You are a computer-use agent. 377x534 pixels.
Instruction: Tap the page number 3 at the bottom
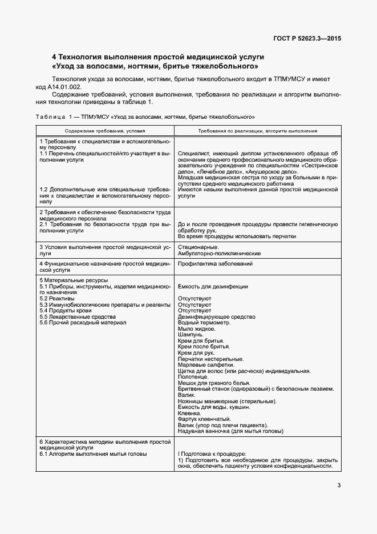[339, 486]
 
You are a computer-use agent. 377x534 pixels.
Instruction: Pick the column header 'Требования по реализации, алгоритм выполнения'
[258, 131]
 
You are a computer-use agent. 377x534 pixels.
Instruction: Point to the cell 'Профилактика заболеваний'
[215, 264]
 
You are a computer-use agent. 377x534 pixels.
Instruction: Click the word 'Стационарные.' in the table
[194, 247]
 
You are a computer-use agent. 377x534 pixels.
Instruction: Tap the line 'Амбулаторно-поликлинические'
[219, 253]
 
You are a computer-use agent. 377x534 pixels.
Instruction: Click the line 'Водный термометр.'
[204, 323]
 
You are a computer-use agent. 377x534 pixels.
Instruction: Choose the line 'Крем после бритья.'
[201, 347]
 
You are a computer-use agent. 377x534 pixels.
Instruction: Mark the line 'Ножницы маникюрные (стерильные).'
[227, 401]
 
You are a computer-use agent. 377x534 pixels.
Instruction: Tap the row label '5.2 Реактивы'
[57, 299]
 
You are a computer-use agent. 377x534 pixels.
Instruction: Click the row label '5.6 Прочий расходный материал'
[83, 323]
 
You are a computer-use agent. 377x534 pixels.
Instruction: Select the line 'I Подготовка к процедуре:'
[208, 453]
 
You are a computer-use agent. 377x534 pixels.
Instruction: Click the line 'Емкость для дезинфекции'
[213, 287]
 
